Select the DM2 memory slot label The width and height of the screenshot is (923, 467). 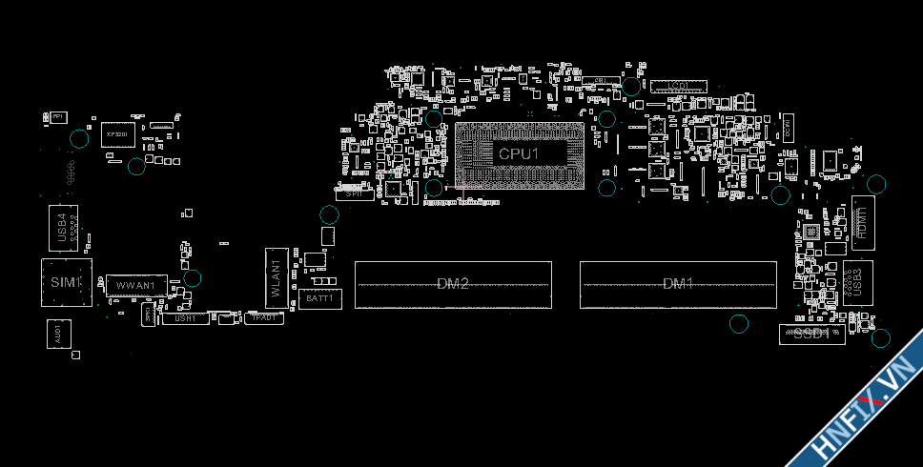click(x=453, y=284)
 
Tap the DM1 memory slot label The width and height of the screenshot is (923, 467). click(x=678, y=284)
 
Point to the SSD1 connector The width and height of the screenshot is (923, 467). click(x=811, y=335)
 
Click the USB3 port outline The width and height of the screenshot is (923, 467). click(x=855, y=282)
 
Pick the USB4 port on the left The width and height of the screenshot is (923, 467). click(x=63, y=229)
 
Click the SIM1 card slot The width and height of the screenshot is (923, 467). click(x=66, y=283)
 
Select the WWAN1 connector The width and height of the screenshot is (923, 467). click(x=135, y=286)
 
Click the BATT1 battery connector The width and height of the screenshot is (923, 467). click(x=318, y=298)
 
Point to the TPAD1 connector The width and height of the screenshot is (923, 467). click(x=264, y=318)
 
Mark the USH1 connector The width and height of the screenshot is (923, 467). click(x=186, y=318)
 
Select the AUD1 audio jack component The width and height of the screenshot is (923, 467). click(x=58, y=334)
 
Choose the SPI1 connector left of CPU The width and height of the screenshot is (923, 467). click(x=354, y=193)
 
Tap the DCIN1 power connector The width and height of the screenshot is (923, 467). click(x=789, y=127)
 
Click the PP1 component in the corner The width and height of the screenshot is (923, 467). click(x=57, y=116)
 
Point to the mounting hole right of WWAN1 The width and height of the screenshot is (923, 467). click(x=193, y=278)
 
